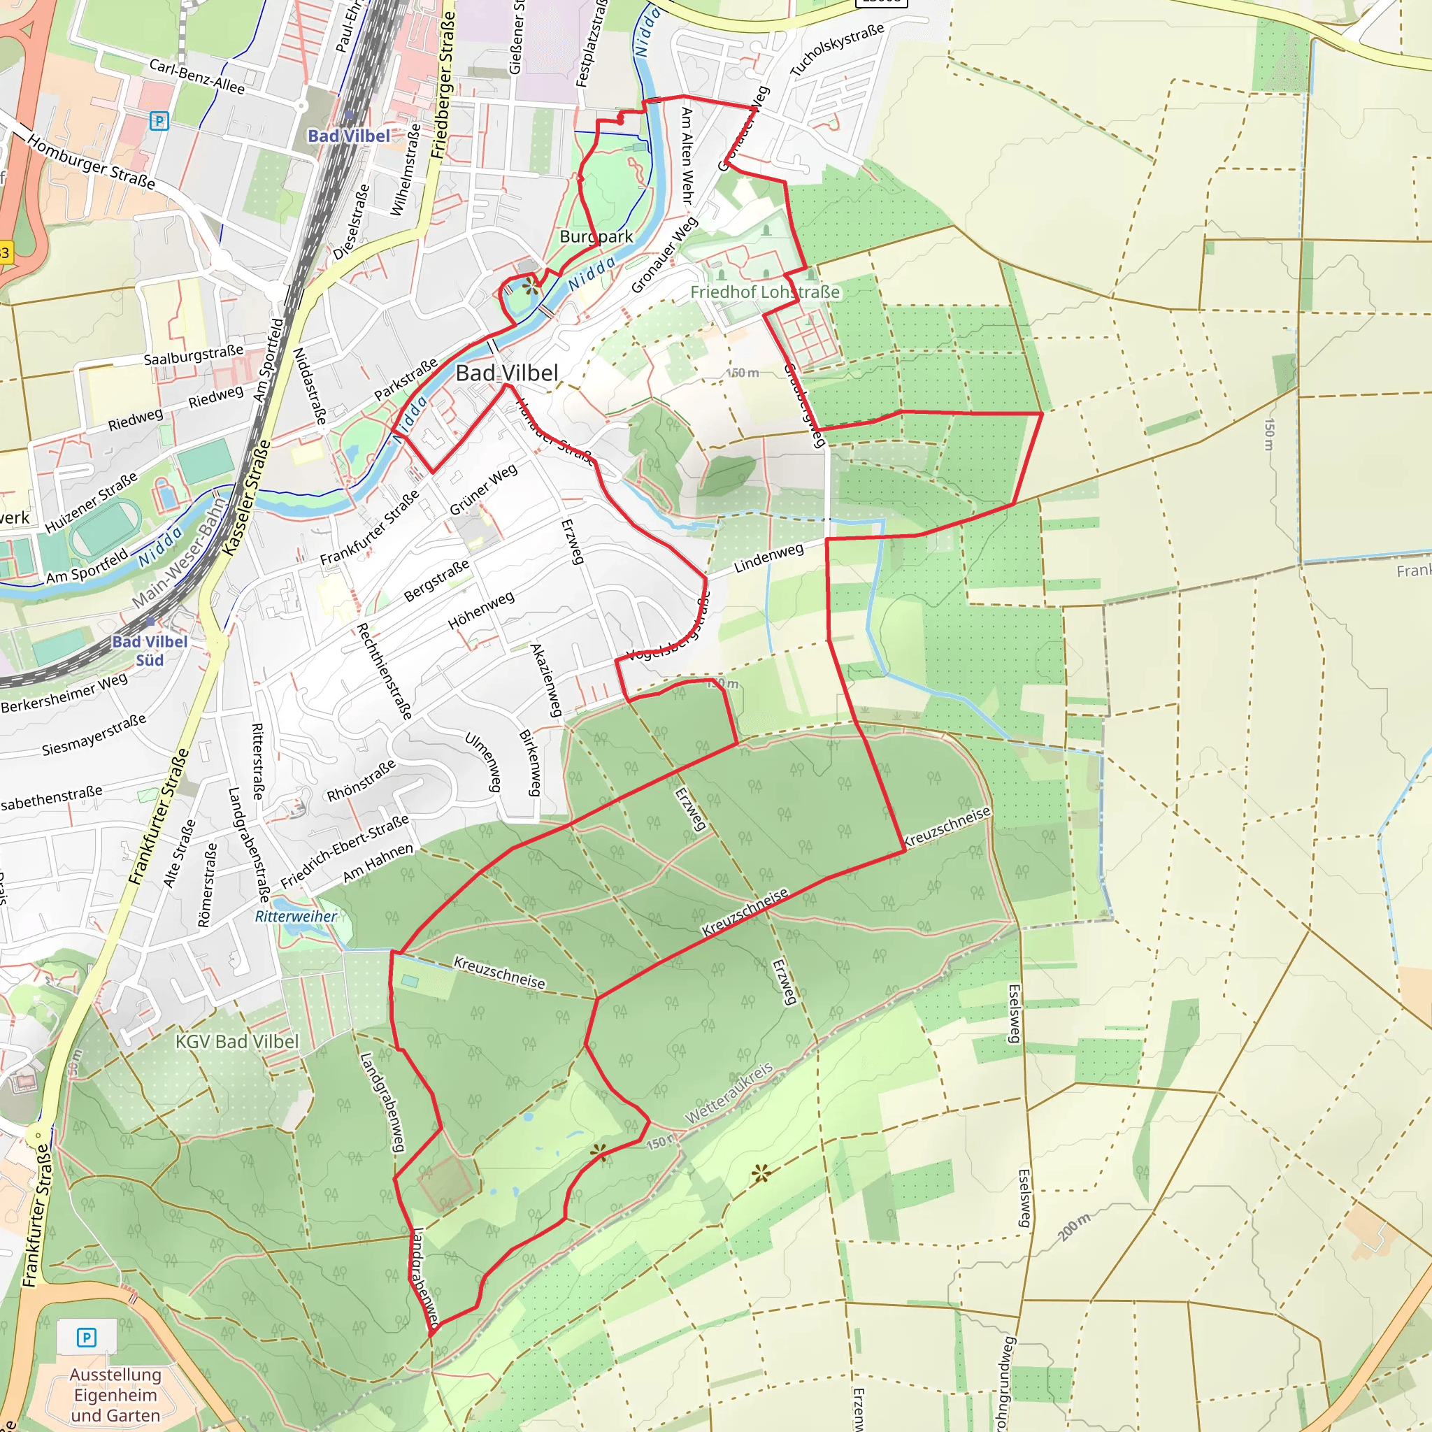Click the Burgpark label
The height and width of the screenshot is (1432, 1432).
click(596, 236)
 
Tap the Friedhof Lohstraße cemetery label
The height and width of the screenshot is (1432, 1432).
click(765, 292)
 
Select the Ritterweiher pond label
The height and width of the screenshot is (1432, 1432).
click(296, 916)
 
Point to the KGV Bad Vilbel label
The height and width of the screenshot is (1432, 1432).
click(237, 1041)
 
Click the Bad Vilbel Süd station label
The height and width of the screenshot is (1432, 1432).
click(150, 651)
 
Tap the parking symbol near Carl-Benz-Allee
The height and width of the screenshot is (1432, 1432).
click(159, 120)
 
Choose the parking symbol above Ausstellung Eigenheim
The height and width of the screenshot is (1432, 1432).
click(87, 1337)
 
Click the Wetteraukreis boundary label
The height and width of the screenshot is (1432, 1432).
click(729, 1093)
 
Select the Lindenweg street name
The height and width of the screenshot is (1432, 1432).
click(768, 558)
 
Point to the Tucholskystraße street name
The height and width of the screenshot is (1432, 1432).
click(837, 50)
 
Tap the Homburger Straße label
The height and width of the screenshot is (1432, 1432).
click(91, 162)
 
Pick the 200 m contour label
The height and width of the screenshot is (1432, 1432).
click(1074, 1227)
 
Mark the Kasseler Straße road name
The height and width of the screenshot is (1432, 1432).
click(247, 498)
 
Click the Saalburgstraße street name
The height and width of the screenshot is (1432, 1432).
click(194, 355)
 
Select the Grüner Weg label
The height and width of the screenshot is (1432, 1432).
click(483, 489)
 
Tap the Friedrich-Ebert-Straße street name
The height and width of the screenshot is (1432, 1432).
click(345, 852)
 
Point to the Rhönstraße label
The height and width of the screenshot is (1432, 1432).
click(361, 780)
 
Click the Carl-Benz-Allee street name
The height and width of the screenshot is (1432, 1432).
click(196, 76)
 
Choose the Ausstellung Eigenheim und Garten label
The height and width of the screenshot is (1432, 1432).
click(115, 1394)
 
